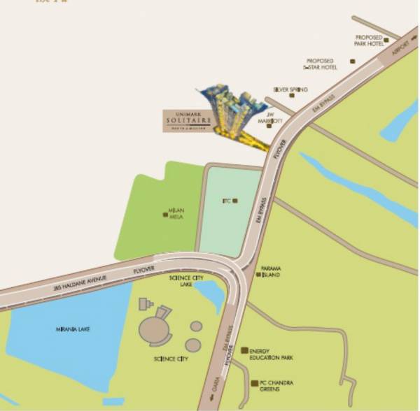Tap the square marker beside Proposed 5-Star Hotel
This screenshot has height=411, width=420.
point(353,62)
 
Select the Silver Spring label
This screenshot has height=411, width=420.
point(290,90)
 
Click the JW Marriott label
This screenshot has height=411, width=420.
point(274,116)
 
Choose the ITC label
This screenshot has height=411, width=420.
point(226,201)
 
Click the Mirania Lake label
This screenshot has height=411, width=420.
point(73,329)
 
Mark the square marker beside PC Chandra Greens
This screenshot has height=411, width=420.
point(253,383)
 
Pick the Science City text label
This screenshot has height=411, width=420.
point(171,359)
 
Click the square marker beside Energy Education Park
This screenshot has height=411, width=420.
point(244,350)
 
